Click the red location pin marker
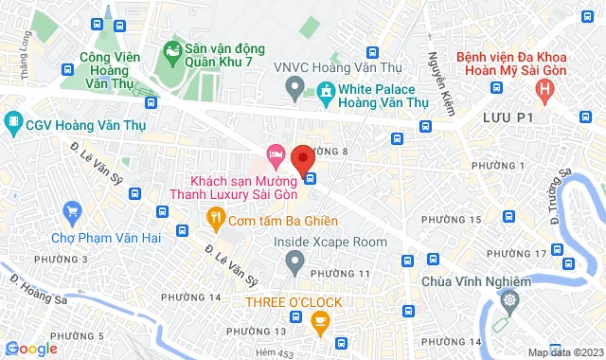tap(303, 159)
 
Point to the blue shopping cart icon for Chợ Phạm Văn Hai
tap(71, 212)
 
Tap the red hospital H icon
tap(544, 91)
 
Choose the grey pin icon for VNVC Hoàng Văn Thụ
tap(294, 91)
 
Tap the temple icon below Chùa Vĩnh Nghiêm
tap(510, 301)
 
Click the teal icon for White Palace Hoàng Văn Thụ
tap(325, 91)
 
